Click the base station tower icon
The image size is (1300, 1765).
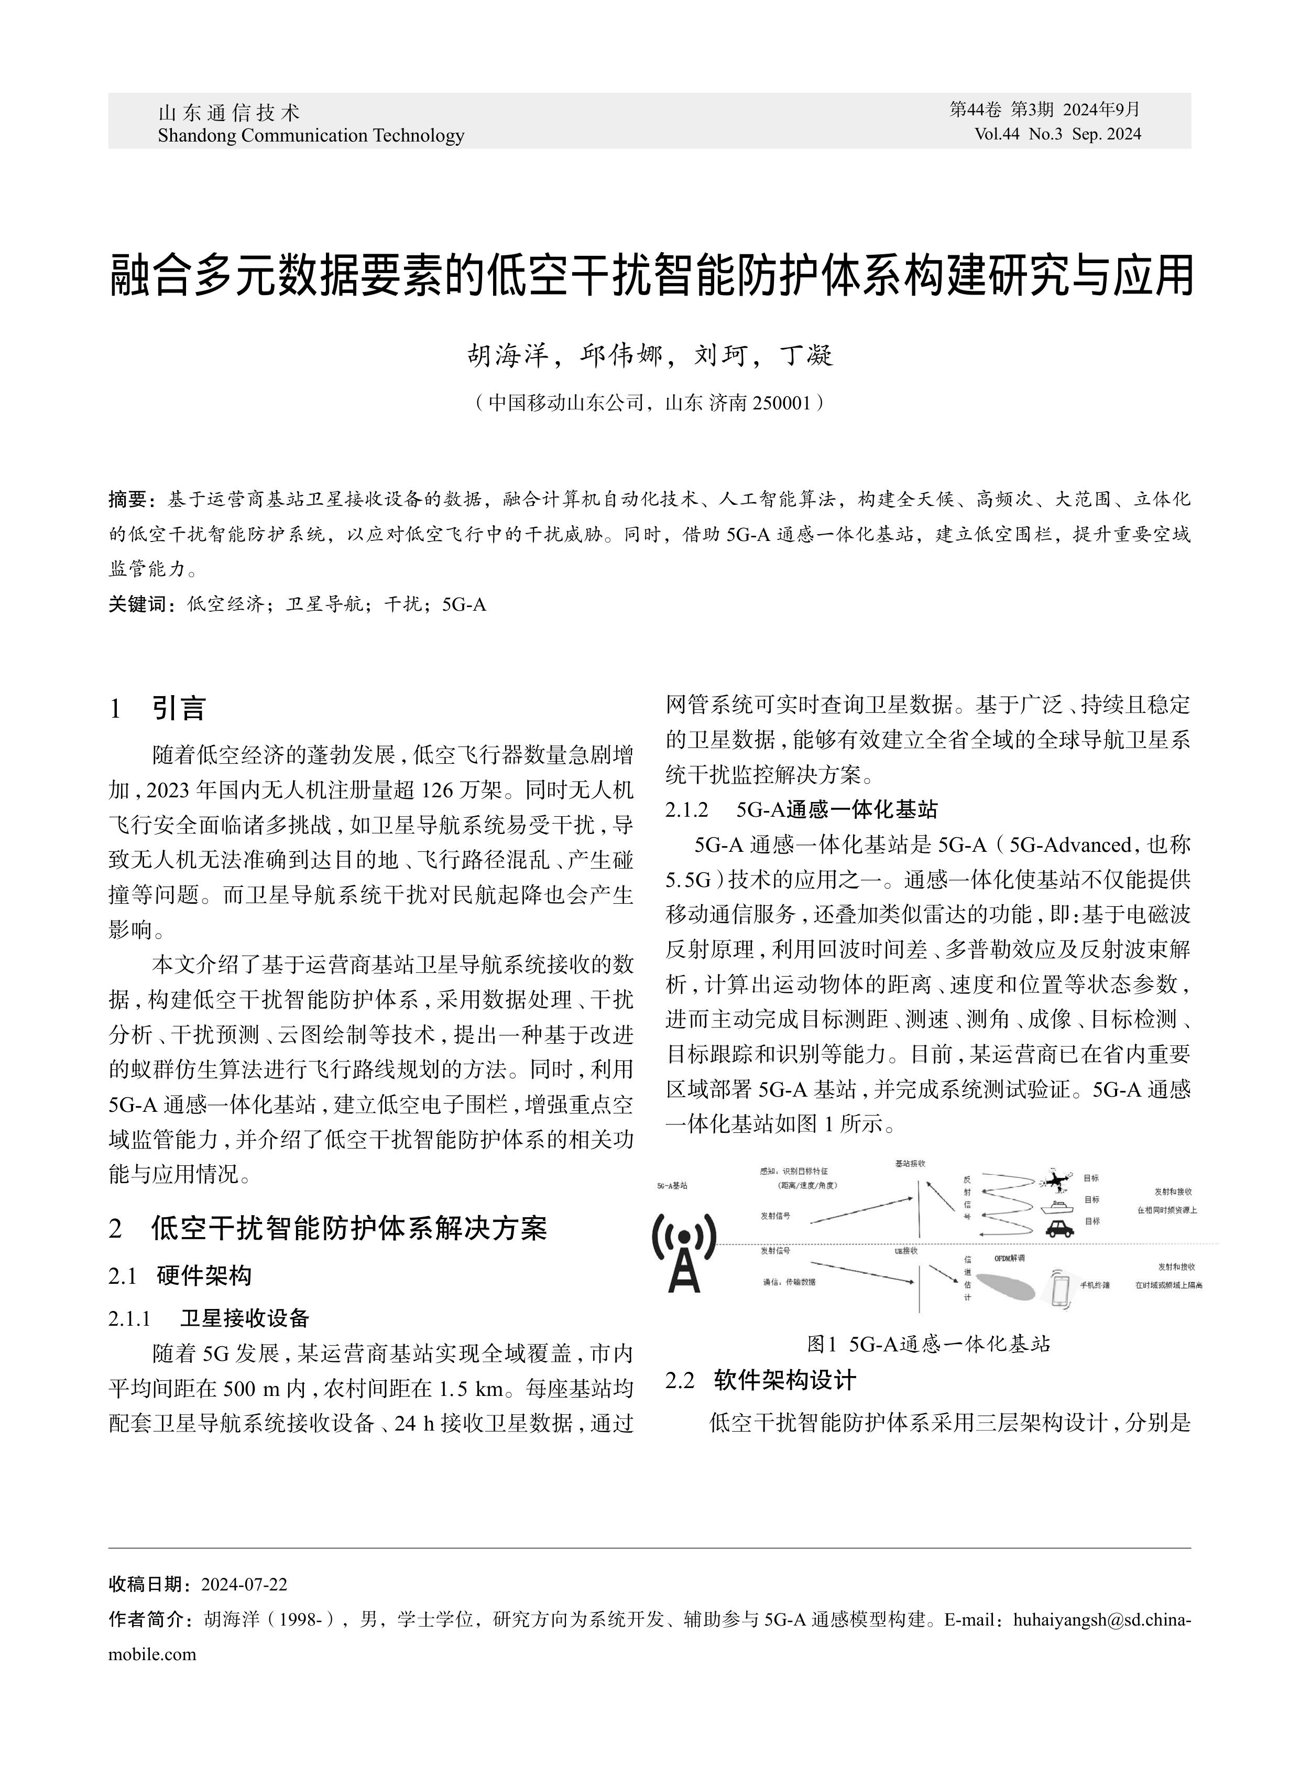(x=684, y=1252)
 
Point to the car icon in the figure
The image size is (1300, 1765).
(x=1059, y=1227)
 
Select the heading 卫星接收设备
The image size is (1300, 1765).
(x=245, y=1318)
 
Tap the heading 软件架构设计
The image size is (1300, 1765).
(x=784, y=1380)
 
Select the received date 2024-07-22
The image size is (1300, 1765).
(x=244, y=1585)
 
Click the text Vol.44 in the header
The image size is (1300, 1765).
(x=997, y=134)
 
